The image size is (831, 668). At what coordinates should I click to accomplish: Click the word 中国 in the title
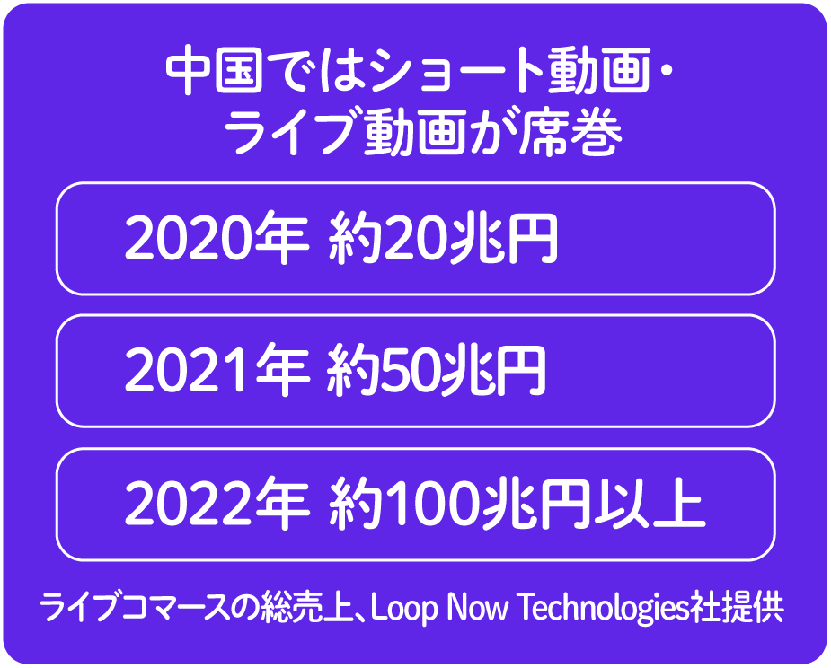214,70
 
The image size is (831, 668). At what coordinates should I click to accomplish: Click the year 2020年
217,239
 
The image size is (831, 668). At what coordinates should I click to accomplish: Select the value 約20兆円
443,239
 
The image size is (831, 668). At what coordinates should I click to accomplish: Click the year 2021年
217,371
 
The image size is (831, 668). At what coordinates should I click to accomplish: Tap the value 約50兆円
437,371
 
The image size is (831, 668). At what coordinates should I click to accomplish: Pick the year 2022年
217,504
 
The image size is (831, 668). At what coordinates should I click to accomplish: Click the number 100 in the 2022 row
430,505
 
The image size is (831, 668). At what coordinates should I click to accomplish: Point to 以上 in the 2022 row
650,504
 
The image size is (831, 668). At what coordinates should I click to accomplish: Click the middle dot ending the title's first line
667,70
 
